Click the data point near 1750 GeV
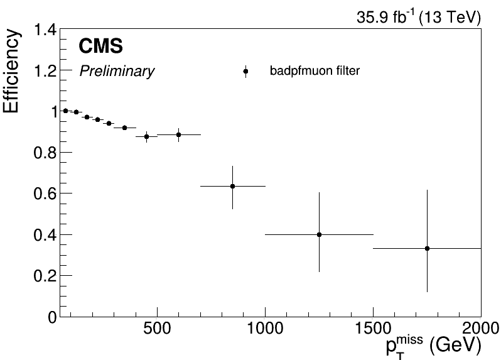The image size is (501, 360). pos(427,248)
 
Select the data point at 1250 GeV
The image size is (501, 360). pos(319,234)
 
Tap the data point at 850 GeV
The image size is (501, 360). pos(232,186)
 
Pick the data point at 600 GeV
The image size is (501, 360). pos(178,134)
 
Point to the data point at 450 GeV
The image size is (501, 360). pos(146,136)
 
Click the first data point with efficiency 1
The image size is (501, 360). pos(65,111)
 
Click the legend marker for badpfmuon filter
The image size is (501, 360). pos(246,72)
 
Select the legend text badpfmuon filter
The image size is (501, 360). pos(315,72)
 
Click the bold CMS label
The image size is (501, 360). pos(100,46)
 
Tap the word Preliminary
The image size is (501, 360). pos(117,72)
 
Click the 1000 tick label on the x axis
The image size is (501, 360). pos(265,330)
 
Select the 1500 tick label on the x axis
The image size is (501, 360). pos(373,330)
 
